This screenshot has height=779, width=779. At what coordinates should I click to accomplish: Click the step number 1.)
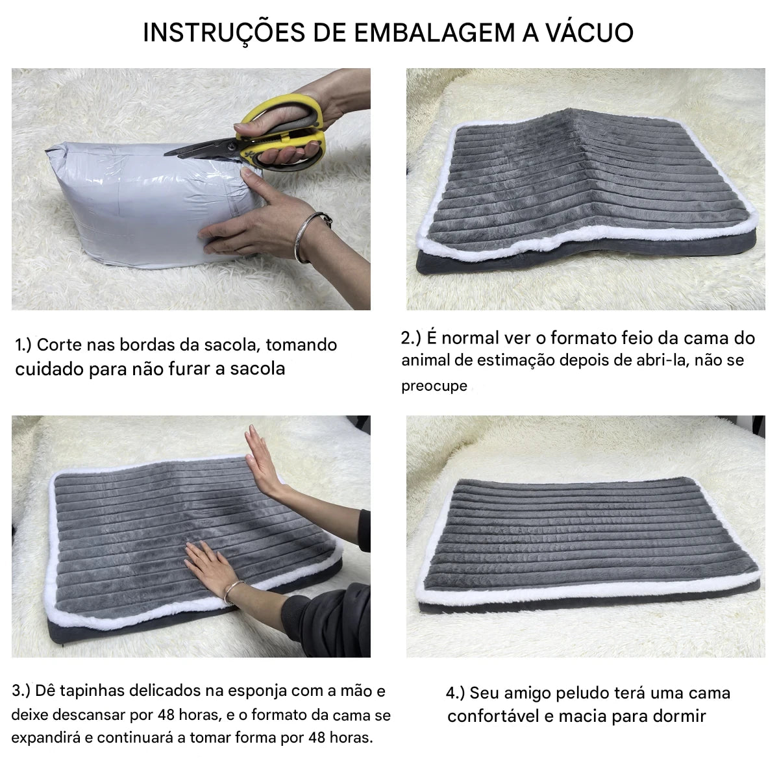tap(23, 345)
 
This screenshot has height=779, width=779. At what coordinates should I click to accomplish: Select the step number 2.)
tap(411, 338)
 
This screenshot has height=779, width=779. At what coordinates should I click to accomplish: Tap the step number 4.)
tap(456, 693)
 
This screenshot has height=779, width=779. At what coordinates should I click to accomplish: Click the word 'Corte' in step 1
tap(59, 345)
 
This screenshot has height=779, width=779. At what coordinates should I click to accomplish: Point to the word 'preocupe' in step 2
tap(434, 386)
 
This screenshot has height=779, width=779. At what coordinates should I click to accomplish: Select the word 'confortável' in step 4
tap(493, 716)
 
